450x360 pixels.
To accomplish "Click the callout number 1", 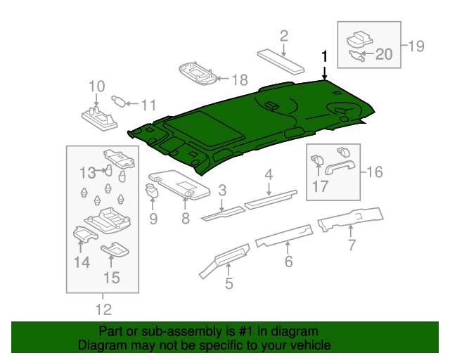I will pyautogui.click(x=325, y=56).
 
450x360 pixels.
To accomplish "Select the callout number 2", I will pyautogui.click(x=284, y=36).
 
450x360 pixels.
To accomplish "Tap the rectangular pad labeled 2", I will pyautogui.click(x=281, y=62).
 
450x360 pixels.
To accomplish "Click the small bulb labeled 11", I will pyautogui.click(x=120, y=102).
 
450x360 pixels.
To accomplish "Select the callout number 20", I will pyautogui.click(x=383, y=53).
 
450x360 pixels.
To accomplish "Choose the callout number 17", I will pyautogui.click(x=320, y=186).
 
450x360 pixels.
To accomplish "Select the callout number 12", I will pyautogui.click(x=103, y=309).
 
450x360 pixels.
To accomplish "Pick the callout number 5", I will pyautogui.click(x=229, y=284).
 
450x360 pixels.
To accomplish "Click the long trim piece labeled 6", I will pyautogui.click(x=285, y=234).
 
